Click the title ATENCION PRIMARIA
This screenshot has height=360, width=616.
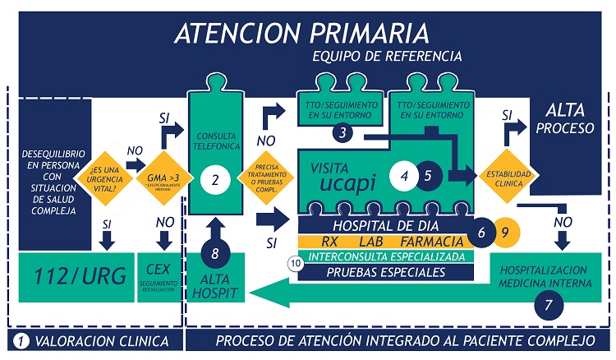pos(302,33)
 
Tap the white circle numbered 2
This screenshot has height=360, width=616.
pos(215,180)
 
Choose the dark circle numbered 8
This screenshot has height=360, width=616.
pos(215,253)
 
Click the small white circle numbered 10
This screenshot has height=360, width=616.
pos(296,262)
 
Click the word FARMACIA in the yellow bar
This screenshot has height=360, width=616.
pos(431,242)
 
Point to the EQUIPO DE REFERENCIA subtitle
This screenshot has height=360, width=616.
pos(387,56)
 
